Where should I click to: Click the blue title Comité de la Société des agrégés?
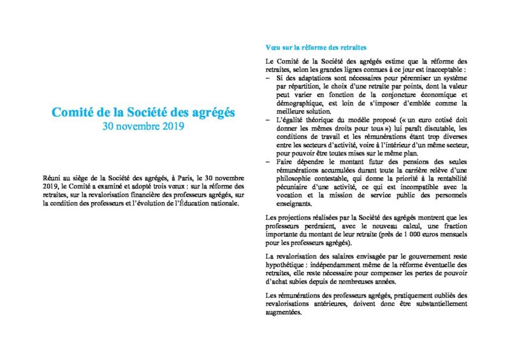tap(143, 112)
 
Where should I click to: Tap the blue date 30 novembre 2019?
tap(143, 126)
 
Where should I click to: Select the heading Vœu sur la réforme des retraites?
tap(316, 48)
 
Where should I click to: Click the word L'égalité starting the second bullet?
tap(291, 119)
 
